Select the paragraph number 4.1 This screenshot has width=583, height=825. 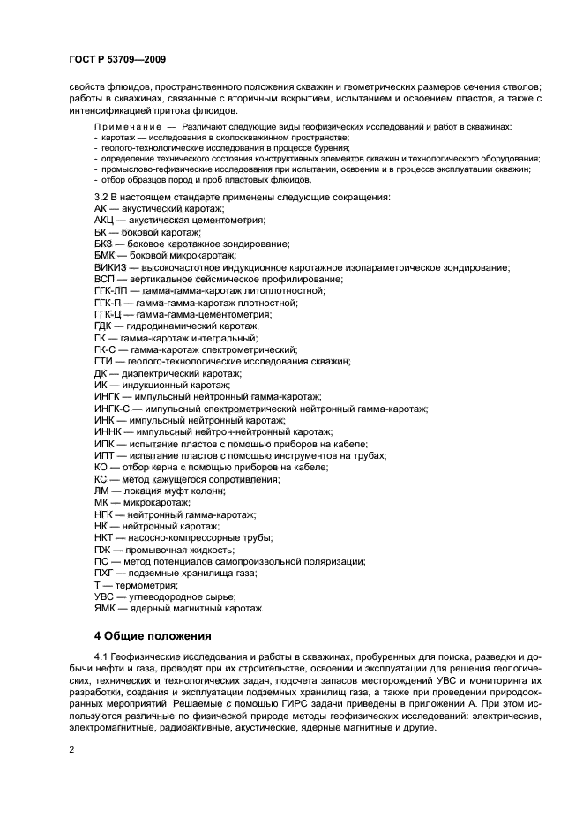click(x=101, y=657)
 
